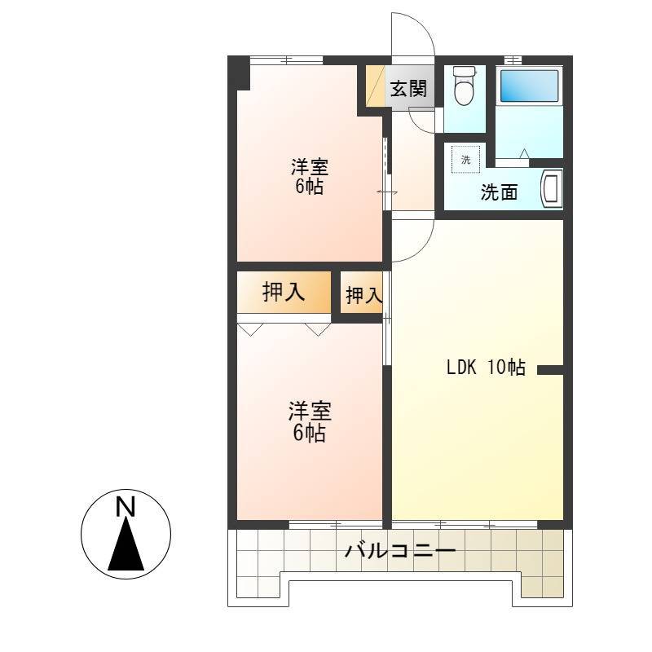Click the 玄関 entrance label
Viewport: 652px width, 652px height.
(408, 88)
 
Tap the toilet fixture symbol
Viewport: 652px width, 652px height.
(465, 86)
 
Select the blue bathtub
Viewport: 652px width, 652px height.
(529, 86)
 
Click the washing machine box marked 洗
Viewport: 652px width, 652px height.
(465, 159)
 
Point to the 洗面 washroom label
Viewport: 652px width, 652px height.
(499, 192)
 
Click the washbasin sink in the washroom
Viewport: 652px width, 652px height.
(551, 189)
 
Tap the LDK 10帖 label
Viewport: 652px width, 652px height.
(486, 367)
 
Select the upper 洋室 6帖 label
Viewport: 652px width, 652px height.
(310, 177)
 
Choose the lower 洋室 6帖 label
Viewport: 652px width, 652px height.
(310, 421)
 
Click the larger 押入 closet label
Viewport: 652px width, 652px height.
(284, 292)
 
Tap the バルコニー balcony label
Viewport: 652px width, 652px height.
(400, 552)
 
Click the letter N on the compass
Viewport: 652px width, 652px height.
(126, 507)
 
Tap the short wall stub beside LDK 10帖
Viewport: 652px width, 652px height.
(550, 370)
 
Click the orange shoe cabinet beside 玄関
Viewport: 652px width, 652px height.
(376, 86)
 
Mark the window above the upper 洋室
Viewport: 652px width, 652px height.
(286, 60)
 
